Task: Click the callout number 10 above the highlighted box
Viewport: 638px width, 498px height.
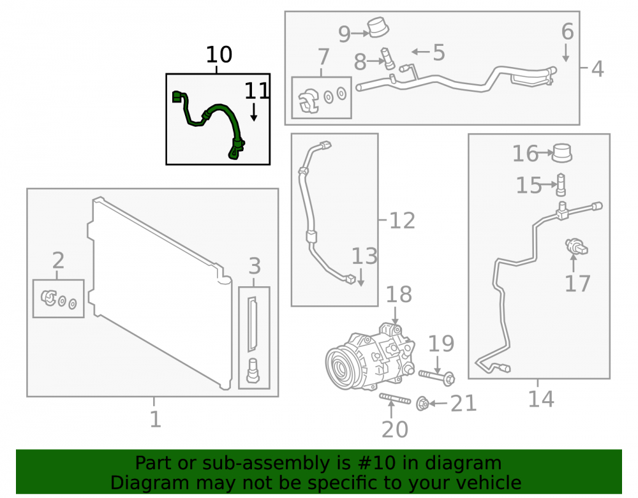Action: pyautogui.click(x=219, y=54)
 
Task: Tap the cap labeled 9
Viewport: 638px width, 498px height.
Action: pyautogui.click(x=378, y=27)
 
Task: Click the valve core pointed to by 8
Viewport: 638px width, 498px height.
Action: pyautogui.click(x=388, y=59)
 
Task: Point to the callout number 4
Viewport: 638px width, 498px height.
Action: pyautogui.click(x=597, y=69)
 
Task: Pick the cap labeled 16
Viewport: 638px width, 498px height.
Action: pyautogui.click(x=562, y=153)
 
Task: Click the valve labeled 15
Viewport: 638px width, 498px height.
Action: pyautogui.click(x=561, y=185)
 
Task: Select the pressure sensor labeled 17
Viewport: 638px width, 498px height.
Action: pyautogui.click(x=576, y=246)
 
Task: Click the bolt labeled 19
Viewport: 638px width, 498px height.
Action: pyautogui.click(x=436, y=376)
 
